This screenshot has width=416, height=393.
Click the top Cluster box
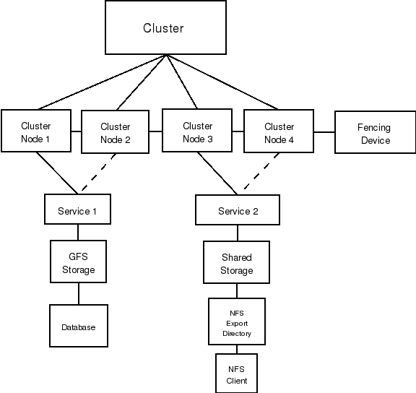(x=166, y=27)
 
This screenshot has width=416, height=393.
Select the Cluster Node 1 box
(x=36, y=131)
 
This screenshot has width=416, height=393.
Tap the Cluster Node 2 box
(x=115, y=131)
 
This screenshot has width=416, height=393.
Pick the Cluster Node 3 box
(x=197, y=130)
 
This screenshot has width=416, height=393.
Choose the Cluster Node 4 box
(x=279, y=131)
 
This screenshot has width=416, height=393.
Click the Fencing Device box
(x=375, y=132)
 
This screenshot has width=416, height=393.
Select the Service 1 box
(x=77, y=209)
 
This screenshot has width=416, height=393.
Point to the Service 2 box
(x=238, y=210)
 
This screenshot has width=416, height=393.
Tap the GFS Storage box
(x=78, y=262)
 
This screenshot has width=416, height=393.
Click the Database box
(x=79, y=326)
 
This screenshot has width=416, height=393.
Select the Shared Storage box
(x=236, y=262)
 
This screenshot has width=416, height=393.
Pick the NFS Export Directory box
(x=237, y=321)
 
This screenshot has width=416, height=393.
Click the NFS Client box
(x=236, y=373)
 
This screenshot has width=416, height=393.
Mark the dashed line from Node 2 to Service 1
(x=99, y=172)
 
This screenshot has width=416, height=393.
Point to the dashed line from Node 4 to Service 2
(x=261, y=171)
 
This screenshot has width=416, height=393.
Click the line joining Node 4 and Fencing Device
(x=324, y=132)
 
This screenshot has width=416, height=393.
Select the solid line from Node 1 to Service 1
(x=57, y=173)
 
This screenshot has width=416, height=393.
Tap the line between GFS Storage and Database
(x=79, y=293)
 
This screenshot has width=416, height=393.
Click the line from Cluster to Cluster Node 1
(x=102, y=82)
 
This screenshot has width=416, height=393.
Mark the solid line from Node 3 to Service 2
(x=217, y=173)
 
